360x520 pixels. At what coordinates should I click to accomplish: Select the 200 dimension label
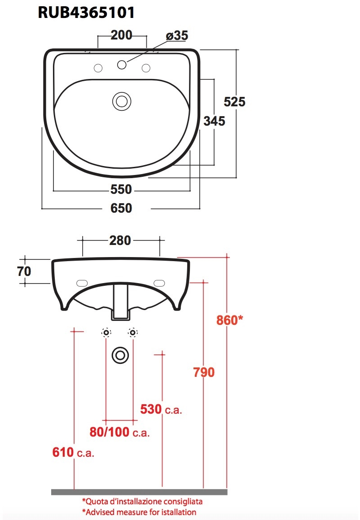pyautogui.click(x=121, y=35)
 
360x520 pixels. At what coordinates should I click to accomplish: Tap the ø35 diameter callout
pyautogui.click(x=176, y=36)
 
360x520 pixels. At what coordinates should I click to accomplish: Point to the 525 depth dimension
pyautogui.click(x=235, y=102)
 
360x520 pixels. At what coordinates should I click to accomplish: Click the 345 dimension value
pyautogui.click(x=214, y=121)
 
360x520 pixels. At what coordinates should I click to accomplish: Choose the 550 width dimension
pyautogui.click(x=121, y=189)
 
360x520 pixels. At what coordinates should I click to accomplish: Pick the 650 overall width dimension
pyautogui.click(x=121, y=208)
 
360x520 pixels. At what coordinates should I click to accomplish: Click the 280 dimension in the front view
pyautogui.click(x=120, y=240)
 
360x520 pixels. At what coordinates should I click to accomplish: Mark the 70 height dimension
pyautogui.click(x=24, y=271)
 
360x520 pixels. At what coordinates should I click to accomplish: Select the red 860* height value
pyautogui.click(x=230, y=320)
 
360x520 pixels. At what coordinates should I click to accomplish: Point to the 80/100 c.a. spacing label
pyautogui.click(x=119, y=433)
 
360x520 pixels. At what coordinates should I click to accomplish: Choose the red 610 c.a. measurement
pyautogui.click(x=73, y=452)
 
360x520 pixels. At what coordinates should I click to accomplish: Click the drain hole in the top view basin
pyautogui.click(x=121, y=101)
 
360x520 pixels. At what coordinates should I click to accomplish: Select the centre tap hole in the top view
pyautogui.click(x=122, y=65)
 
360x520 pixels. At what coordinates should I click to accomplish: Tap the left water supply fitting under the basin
pyautogui.click(x=106, y=332)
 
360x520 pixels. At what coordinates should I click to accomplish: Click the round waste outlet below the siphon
pyautogui.click(x=120, y=355)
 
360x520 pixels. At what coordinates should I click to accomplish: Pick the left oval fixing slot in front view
pyautogui.click(x=82, y=283)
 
